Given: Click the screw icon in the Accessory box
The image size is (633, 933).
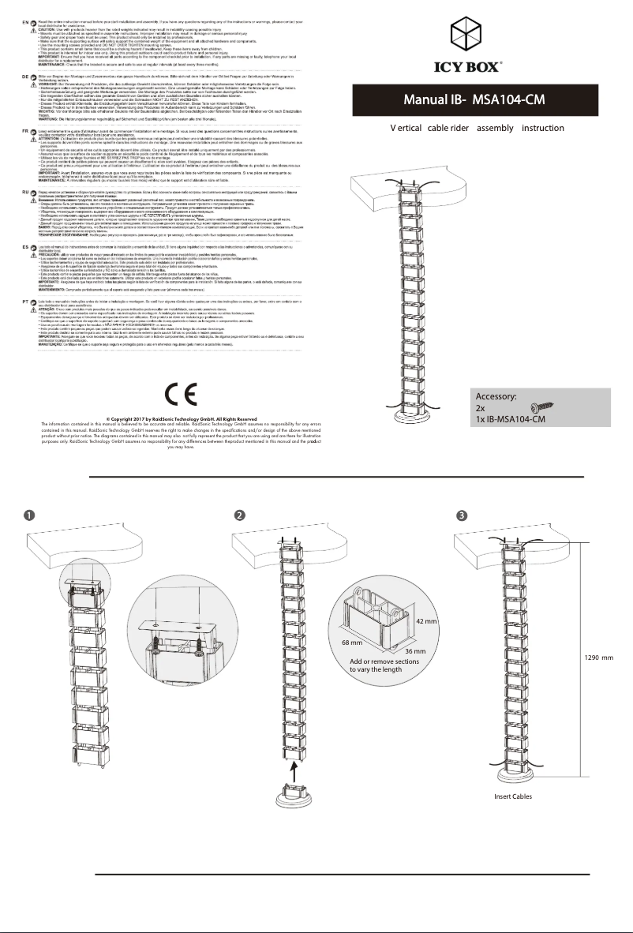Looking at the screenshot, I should [x=544, y=407].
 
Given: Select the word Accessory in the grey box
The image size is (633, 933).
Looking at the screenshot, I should [x=496, y=397].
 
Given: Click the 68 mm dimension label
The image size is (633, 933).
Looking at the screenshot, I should [x=352, y=643].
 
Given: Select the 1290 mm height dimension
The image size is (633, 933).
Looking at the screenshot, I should [x=599, y=658].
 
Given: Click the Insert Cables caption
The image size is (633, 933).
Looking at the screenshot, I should [x=513, y=797].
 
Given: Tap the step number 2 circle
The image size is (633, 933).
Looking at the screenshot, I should [x=239, y=515].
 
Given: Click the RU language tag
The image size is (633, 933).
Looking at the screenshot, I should [x=25, y=191].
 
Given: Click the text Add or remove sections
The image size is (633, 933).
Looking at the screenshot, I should [x=384, y=661].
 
